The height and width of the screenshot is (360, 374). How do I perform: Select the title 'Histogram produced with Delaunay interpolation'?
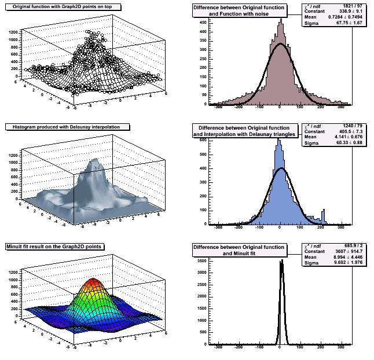[67, 126]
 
